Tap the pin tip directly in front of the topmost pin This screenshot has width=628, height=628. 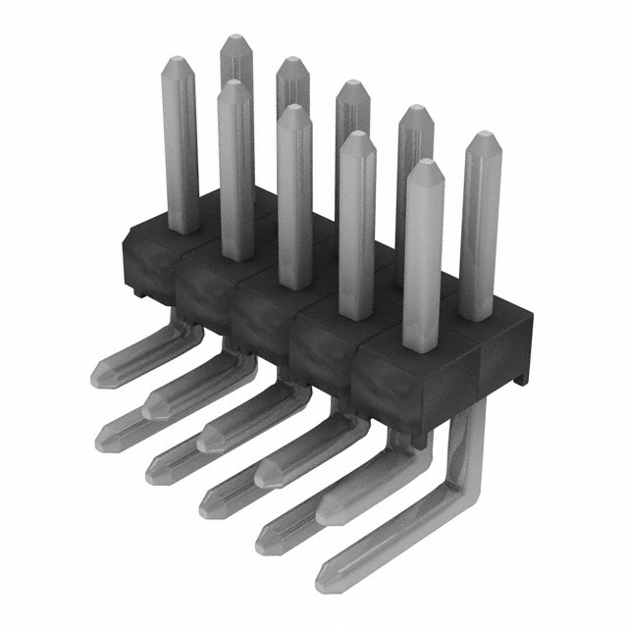pos(234,85)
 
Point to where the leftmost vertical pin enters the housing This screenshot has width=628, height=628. pos(183,228)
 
